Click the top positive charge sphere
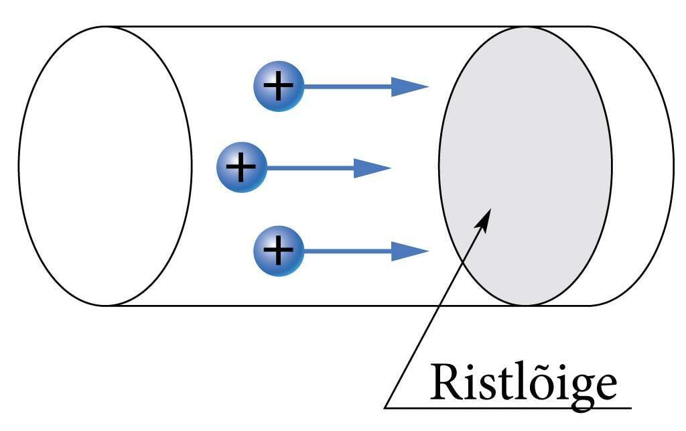(x=278, y=86)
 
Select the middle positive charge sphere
(x=241, y=167)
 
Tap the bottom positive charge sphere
(x=278, y=251)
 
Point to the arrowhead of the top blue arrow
(x=410, y=86)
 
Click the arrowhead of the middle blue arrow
(x=372, y=168)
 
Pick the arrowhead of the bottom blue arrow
(x=410, y=251)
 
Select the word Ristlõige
(x=523, y=383)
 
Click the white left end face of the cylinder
(x=105, y=166)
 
